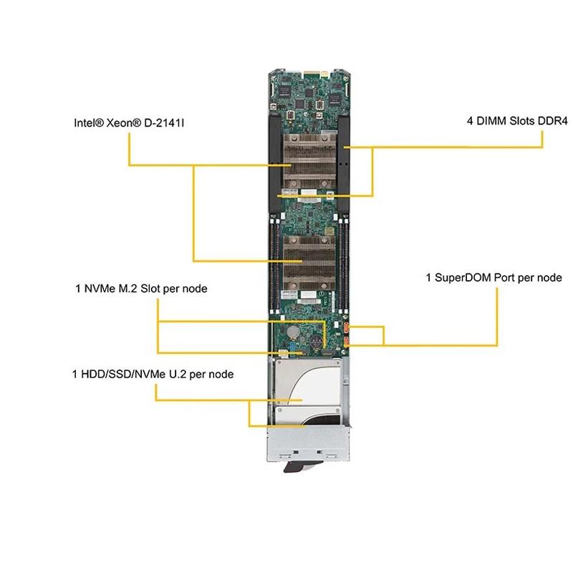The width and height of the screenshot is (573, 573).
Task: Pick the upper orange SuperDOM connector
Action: coord(347,328)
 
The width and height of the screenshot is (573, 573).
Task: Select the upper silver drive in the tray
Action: coord(304,387)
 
